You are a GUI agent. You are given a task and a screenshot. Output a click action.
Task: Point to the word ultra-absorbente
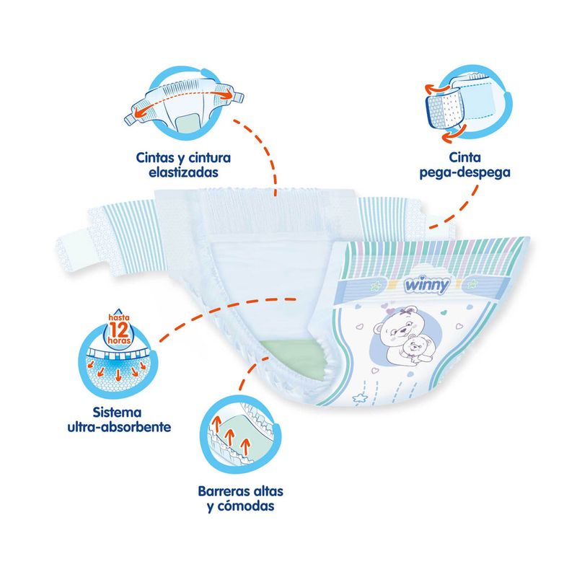coord(120,426)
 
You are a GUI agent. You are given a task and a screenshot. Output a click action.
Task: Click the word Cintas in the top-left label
coord(157,157)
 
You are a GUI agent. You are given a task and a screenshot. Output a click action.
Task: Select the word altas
coord(264,491)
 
